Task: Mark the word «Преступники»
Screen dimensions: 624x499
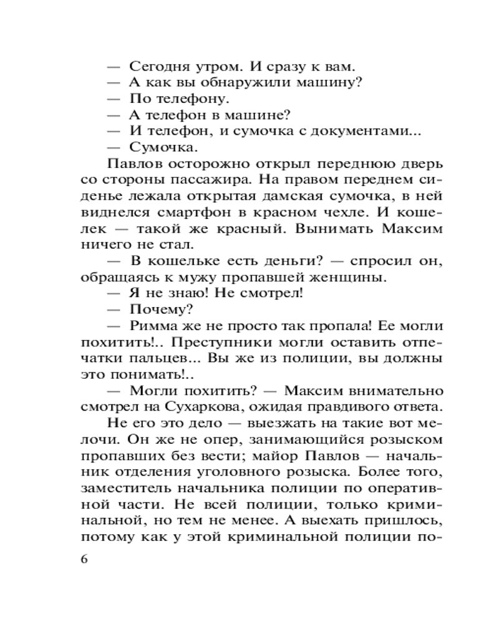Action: point(218,342)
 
